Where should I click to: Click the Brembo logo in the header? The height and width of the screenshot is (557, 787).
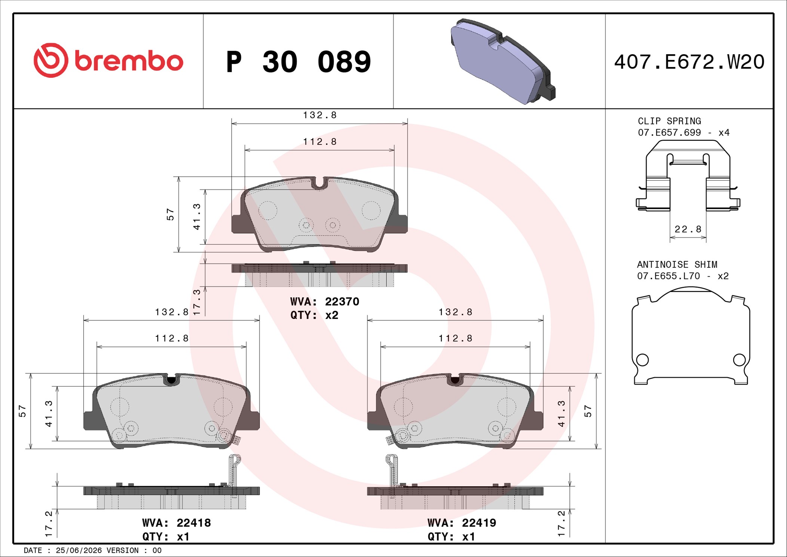pyautogui.click(x=108, y=61)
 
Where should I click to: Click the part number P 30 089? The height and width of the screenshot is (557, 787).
pyautogui.click(x=298, y=62)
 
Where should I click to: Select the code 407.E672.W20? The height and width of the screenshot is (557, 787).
pyautogui.click(x=689, y=62)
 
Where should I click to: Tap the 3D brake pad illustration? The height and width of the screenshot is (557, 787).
pyautogui.click(x=502, y=61)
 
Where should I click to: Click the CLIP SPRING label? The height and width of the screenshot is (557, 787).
pyautogui.click(x=669, y=121)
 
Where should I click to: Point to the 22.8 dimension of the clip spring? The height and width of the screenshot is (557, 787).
pyautogui.click(x=688, y=229)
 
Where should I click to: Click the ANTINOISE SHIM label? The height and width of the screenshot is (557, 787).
pyautogui.click(x=677, y=264)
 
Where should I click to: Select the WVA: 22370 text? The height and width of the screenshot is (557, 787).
pyautogui.click(x=325, y=301)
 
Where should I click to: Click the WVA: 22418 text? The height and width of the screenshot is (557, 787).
pyautogui.click(x=177, y=523)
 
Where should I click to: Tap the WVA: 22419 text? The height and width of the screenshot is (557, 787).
pyautogui.click(x=462, y=523)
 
